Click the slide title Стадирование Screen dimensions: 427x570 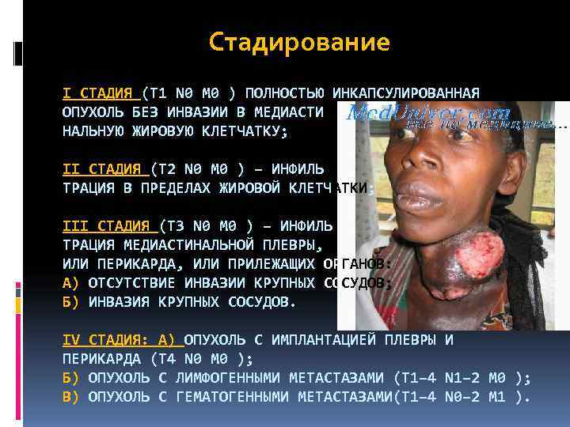pyautogui.click(x=300, y=42)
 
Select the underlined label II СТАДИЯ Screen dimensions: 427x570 pyautogui.click(x=101, y=168)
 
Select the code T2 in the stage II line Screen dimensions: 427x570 pyautogui.click(x=165, y=168)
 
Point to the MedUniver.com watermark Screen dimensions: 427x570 pyautogui.click(x=428, y=114)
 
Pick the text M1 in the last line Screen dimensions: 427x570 pyautogui.click(x=496, y=397)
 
